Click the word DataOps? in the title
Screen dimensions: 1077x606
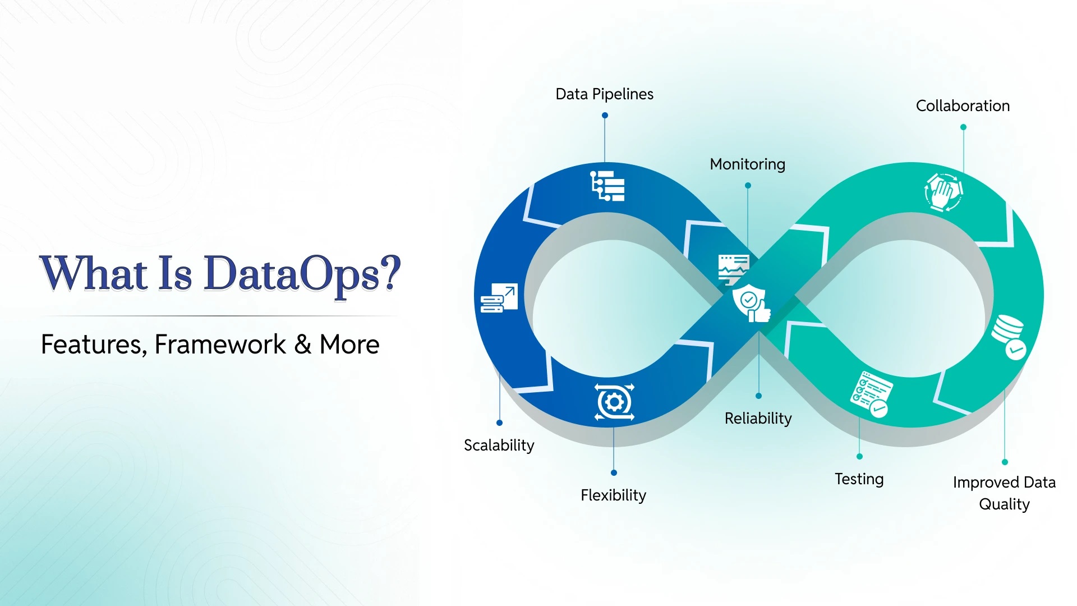[x=302, y=274]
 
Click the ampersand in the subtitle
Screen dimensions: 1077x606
[x=302, y=345]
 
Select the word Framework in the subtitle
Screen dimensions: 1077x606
[x=220, y=345]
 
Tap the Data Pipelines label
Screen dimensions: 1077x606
[x=604, y=94]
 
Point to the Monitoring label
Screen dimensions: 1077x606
[x=747, y=164]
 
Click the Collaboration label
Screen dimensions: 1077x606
[x=963, y=105]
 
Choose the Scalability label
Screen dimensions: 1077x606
[x=499, y=446]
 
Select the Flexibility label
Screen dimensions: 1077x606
[x=613, y=495]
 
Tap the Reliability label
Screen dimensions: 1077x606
[x=758, y=419]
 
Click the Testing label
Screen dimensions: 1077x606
[x=859, y=479]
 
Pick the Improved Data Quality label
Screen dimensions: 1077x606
[x=1004, y=493]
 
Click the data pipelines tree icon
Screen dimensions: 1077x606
[x=607, y=186]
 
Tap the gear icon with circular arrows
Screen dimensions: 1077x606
[x=614, y=402]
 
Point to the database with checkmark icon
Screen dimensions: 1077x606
[x=1009, y=337]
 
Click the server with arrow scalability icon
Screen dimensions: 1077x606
[x=499, y=298]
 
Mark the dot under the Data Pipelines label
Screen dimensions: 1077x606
[x=605, y=116]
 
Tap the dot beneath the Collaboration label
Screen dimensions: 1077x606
[x=963, y=127]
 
